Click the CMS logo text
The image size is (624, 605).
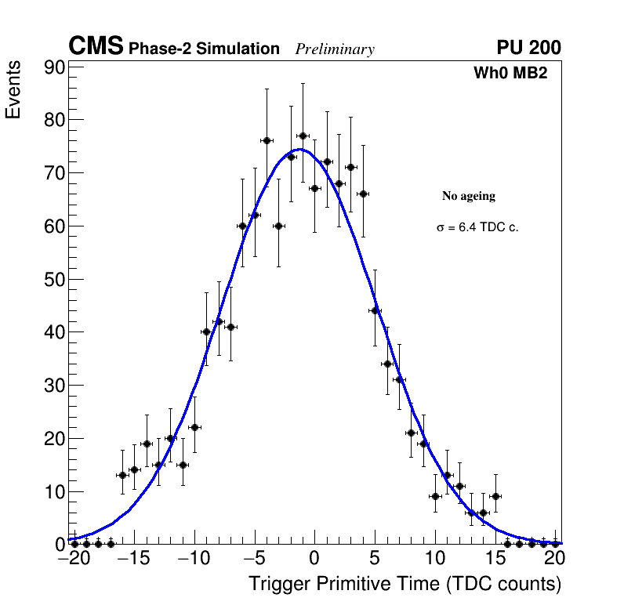(96, 47)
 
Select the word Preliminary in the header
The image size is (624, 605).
(335, 49)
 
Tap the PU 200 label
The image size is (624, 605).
(528, 48)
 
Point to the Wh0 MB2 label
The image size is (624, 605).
(510, 73)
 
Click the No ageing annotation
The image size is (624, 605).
(469, 196)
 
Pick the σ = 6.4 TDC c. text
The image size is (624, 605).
(477, 227)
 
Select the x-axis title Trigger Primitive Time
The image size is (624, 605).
(405, 584)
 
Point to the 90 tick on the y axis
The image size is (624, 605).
(53, 67)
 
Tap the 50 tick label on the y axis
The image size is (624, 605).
(53, 280)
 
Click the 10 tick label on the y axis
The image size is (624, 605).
(53, 492)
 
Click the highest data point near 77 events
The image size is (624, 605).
(303, 136)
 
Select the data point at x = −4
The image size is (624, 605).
(267, 140)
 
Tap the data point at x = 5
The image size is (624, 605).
(375, 310)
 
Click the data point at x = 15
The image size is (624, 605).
(495, 496)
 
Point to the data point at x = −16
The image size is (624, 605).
(122, 475)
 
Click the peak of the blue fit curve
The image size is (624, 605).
(301, 149)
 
